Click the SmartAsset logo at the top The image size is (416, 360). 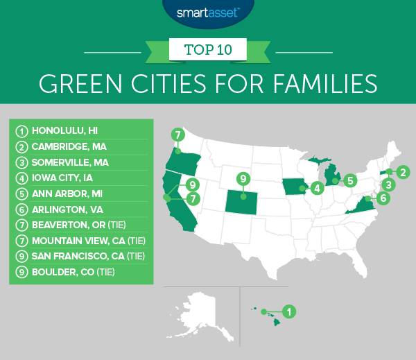click(207, 12)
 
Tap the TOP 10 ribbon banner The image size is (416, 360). click(208, 49)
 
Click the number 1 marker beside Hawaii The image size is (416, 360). click(290, 311)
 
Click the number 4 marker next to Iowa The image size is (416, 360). click(316, 187)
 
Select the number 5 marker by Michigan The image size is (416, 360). click(352, 181)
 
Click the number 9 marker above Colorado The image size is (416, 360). click(243, 178)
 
